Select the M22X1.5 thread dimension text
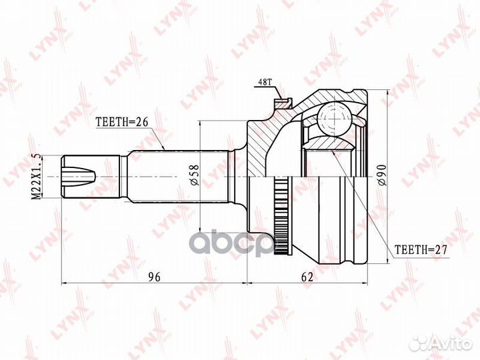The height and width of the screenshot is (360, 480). pos(37,175)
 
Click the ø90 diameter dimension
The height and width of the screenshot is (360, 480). pos(383,175)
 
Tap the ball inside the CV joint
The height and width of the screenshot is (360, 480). pos(333,119)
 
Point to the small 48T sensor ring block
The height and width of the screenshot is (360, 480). pos(283,102)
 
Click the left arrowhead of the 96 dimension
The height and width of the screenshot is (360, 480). pos(64,283)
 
